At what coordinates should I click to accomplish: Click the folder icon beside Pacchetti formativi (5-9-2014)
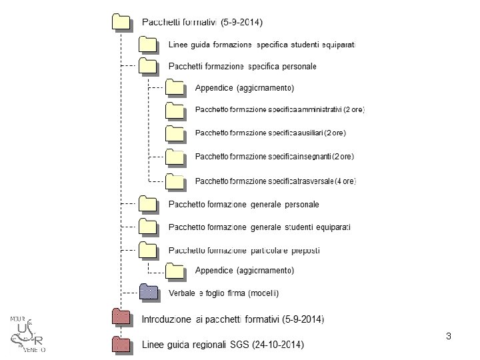click(120, 21)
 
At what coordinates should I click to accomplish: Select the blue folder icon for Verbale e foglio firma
click(147, 293)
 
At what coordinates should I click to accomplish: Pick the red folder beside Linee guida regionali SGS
click(120, 344)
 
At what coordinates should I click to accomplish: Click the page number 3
click(449, 336)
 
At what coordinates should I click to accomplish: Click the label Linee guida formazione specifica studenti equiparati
click(263, 45)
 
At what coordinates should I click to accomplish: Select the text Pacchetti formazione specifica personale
click(243, 67)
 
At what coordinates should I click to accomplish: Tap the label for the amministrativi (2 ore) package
click(279, 109)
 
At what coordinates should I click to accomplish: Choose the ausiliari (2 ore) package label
click(270, 133)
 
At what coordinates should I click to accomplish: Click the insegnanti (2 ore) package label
click(274, 157)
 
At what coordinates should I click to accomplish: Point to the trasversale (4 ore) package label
click(275, 181)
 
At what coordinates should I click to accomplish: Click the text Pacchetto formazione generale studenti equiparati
click(259, 227)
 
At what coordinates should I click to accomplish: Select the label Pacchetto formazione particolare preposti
click(244, 251)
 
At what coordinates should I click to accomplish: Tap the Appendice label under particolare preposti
click(244, 271)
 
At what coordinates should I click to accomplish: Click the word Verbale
click(181, 293)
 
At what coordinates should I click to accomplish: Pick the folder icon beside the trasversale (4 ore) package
click(175, 181)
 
